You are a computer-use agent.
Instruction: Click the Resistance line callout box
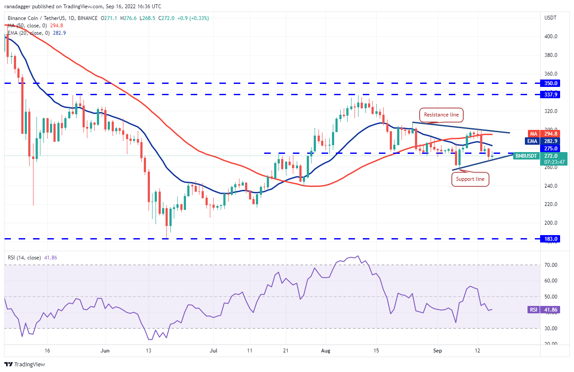(442, 115)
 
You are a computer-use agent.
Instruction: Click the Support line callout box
(470, 179)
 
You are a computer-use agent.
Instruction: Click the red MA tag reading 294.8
(550, 133)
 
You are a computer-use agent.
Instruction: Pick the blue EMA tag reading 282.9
(550, 141)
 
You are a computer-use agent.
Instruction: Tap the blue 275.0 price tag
(550, 148)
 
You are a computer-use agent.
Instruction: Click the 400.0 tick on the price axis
(551, 37)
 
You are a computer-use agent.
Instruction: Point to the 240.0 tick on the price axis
(551, 186)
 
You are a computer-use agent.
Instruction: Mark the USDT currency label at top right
(551, 17)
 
